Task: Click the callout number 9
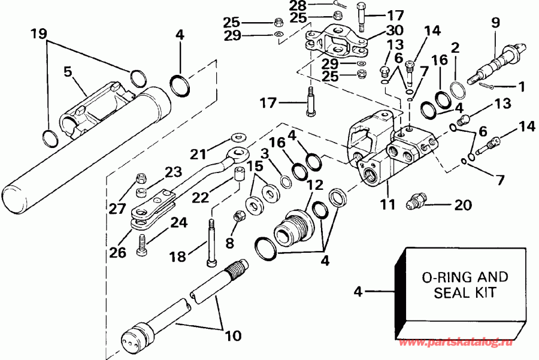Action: click(495, 24)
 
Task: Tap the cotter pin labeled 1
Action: click(488, 87)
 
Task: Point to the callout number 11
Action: click(387, 204)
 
